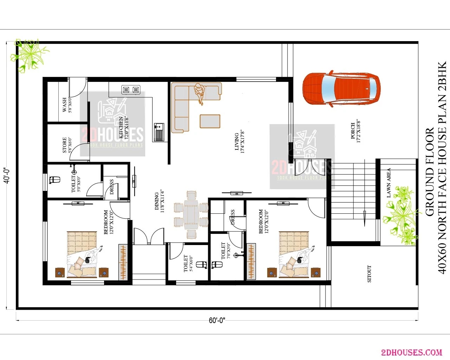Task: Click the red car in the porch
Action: click(341, 89)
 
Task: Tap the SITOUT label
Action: click(369, 274)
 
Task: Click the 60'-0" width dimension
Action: click(217, 320)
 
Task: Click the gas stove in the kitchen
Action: click(131, 90)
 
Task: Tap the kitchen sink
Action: click(159, 132)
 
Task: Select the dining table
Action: click(191, 214)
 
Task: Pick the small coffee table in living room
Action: click(210, 121)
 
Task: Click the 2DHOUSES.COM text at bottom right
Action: click(411, 352)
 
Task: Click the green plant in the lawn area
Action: click(401, 215)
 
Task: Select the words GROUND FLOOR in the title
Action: click(430, 172)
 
